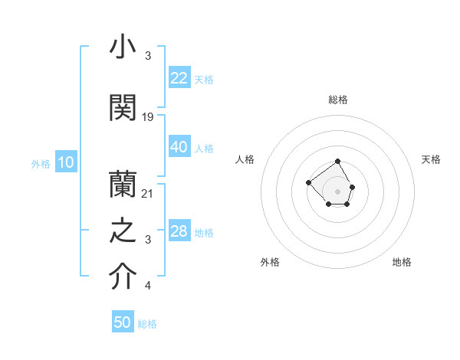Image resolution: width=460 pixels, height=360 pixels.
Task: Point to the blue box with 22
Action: point(179,78)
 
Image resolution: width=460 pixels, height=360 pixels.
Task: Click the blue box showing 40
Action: point(179,147)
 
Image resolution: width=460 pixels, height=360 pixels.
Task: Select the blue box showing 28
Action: point(179,231)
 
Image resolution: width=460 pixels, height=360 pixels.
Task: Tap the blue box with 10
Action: point(65,162)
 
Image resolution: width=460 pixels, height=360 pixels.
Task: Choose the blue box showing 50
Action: point(123,322)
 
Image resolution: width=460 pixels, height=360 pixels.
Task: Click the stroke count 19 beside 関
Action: point(148,116)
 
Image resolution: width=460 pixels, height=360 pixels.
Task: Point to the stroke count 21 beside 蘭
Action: point(148,193)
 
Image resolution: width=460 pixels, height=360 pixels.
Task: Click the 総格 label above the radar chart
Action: point(338,100)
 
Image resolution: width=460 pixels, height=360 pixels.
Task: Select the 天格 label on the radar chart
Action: point(431,159)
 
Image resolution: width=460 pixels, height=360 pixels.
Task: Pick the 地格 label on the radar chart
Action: point(402,262)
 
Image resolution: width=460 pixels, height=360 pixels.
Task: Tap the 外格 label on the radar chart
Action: point(270,262)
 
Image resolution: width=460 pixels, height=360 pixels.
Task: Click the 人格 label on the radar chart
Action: point(245,159)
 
